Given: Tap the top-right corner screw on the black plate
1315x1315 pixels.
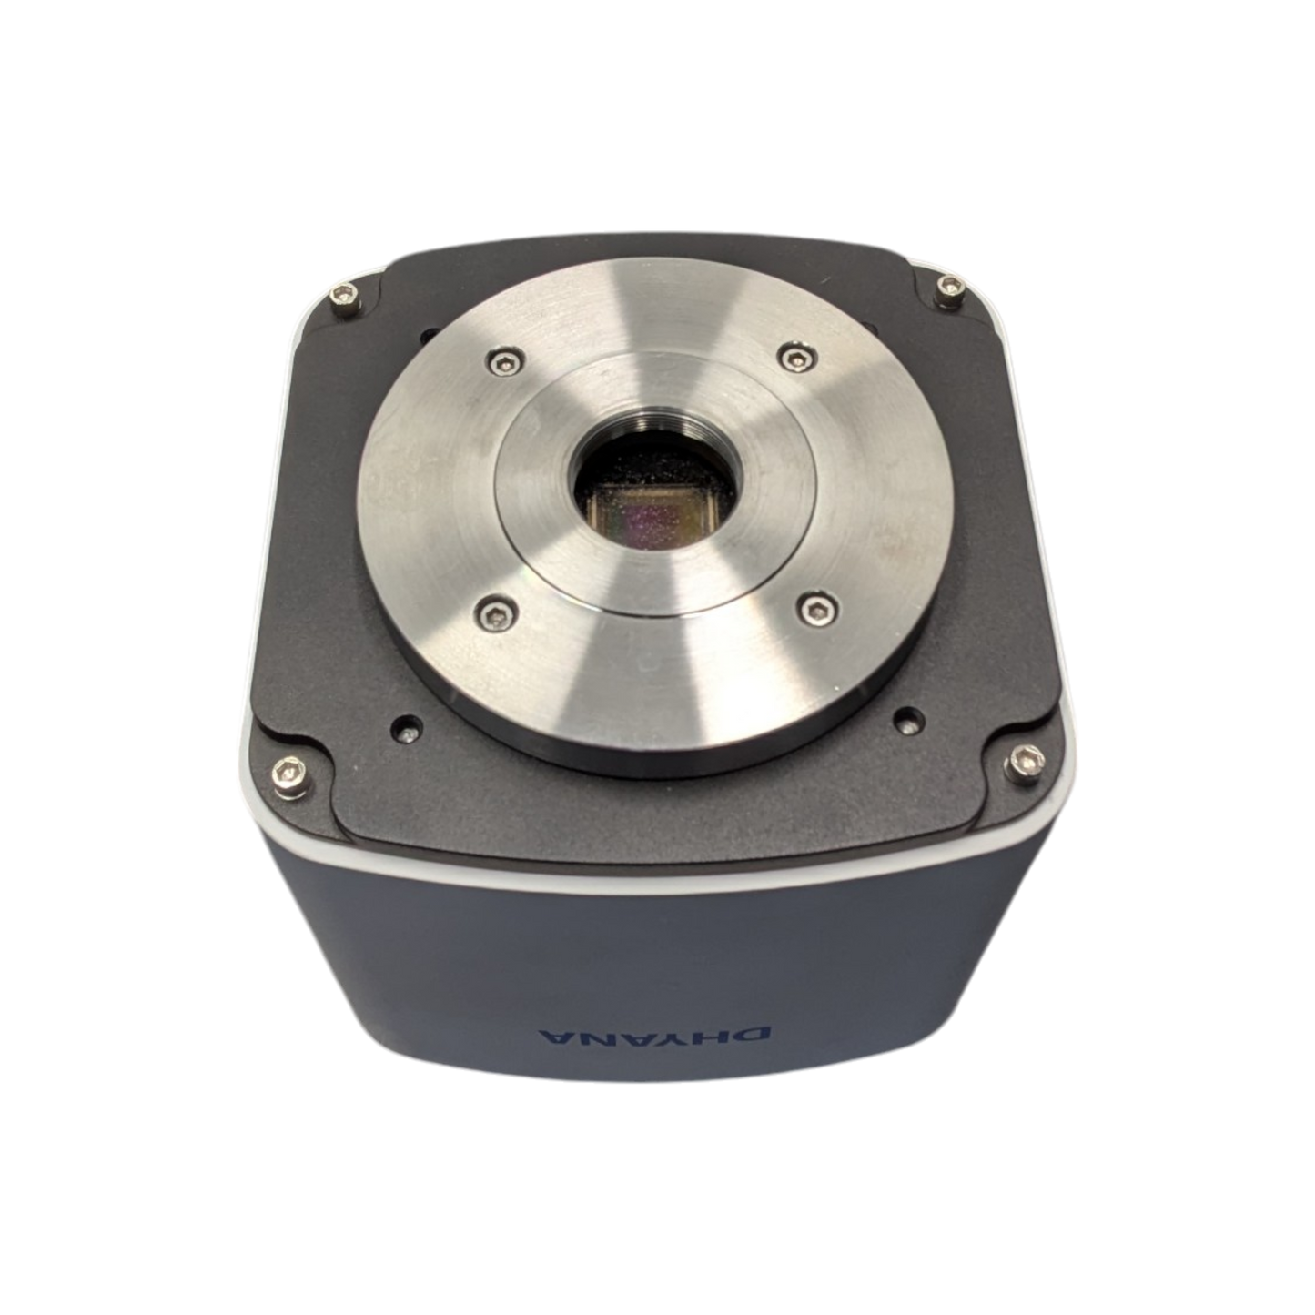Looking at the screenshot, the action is tap(947, 287).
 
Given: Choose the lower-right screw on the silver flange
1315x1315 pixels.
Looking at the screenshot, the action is tap(817, 607).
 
